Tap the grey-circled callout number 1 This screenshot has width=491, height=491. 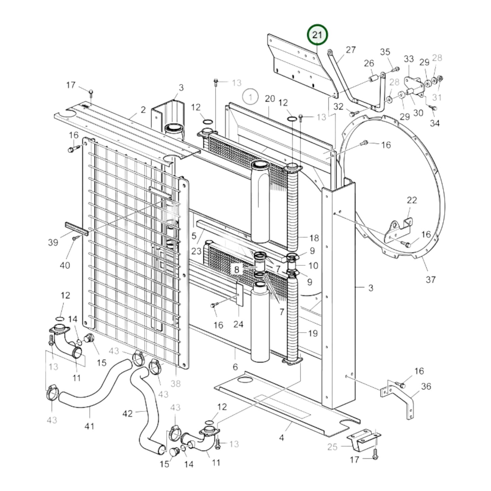[x=250, y=97]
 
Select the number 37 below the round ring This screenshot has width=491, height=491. [x=430, y=280]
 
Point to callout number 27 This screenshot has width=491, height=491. [x=351, y=50]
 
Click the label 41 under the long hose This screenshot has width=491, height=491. [x=89, y=426]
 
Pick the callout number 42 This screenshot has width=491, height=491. [x=127, y=414]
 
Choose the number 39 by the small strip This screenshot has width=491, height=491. [x=53, y=242]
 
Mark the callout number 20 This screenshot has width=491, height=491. [x=270, y=99]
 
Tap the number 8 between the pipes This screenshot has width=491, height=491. [x=237, y=270]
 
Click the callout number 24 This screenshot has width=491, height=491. [x=238, y=324]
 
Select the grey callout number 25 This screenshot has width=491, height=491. [x=332, y=447]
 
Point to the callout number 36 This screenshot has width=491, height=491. [x=426, y=386]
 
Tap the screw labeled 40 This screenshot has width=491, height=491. [x=74, y=239]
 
